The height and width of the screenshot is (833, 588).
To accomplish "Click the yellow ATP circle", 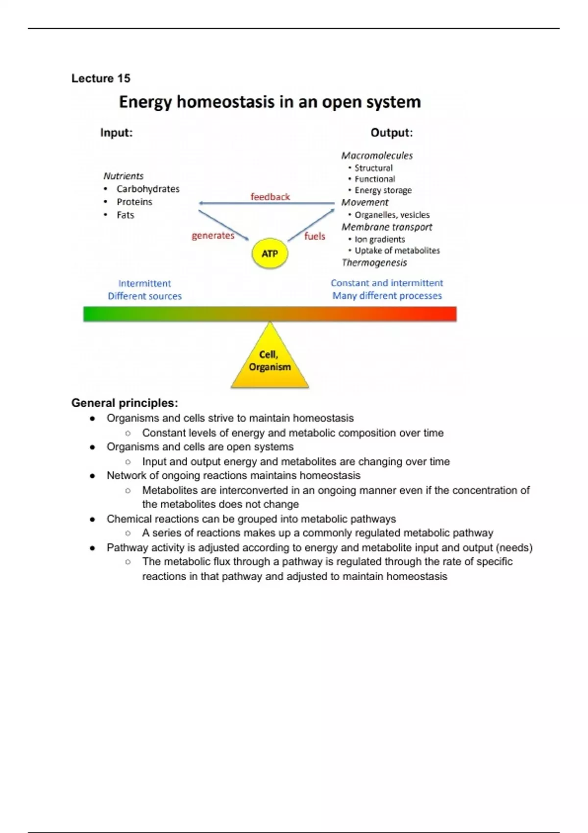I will (269, 254).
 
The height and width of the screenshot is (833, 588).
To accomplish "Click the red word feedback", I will (270, 197).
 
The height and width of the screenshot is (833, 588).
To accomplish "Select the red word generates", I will (213, 236).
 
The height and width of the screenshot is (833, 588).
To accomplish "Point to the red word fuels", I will (315, 236).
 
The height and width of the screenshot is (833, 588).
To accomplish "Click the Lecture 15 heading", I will (101, 78).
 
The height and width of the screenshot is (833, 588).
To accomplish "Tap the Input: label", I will (116, 133).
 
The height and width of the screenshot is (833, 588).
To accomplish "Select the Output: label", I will (392, 133).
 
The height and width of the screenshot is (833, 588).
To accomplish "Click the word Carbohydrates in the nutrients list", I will (148, 189).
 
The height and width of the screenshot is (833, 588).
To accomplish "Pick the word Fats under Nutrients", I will (125, 215).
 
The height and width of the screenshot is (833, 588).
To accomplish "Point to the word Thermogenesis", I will (374, 263).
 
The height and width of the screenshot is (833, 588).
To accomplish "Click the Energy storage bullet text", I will (383, 191).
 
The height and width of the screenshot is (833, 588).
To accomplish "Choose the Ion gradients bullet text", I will (380, 240).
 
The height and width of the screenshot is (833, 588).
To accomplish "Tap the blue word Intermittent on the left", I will (145, 284).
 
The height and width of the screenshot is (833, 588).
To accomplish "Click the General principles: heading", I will (124, 403).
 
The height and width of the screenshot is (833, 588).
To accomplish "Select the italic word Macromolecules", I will (377, 156).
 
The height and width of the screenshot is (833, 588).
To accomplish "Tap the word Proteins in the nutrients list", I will (134, 202).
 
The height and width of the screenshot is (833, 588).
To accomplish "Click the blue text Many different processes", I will (387, 296).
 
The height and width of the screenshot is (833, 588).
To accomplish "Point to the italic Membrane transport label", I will (387, 227).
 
